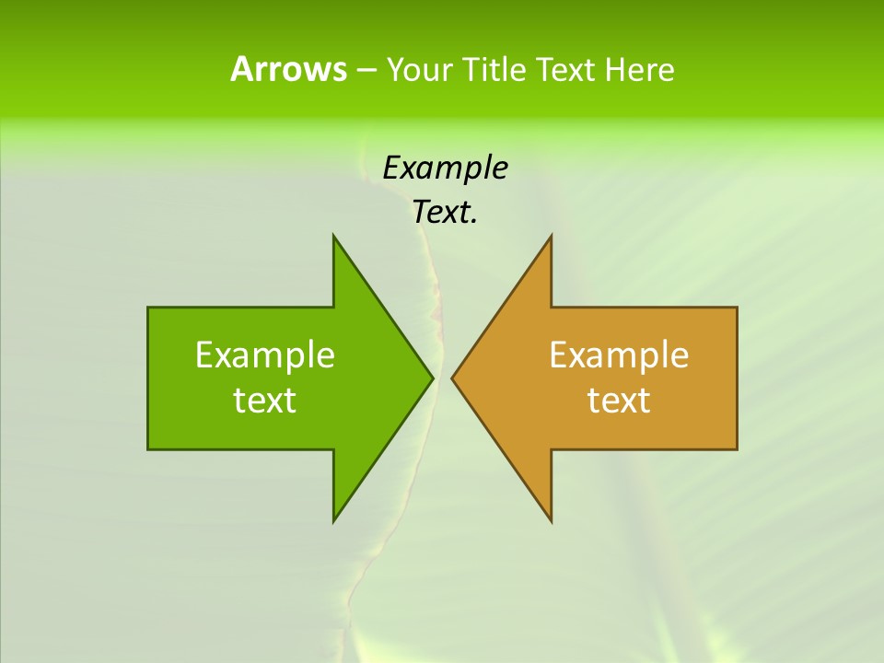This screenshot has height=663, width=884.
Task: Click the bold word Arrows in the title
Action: coord(288,69)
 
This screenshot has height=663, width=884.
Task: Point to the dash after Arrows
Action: coord(366,70)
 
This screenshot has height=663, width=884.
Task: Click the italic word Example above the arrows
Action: coord(445,169)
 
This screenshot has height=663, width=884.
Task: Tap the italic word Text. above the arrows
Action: coord(445,213)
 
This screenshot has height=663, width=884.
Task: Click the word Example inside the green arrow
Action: coord(265,355)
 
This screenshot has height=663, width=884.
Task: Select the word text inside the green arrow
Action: coord(265,401)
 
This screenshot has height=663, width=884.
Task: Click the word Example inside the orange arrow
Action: coord(619,355)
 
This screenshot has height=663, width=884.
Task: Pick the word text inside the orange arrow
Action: coord(619,401)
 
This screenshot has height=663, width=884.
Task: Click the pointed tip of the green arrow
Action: coord(433,378)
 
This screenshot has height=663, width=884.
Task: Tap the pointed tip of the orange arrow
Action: coord(452,378)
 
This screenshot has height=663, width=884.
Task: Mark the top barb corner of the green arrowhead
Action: coord(333,236)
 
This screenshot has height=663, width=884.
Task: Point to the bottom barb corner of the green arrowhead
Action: coord(333,521)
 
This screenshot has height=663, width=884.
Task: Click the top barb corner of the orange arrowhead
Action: coord(551,236)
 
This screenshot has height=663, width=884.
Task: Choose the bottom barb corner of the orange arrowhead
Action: coord(551,521)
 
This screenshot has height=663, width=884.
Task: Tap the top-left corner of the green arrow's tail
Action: coord(148,308)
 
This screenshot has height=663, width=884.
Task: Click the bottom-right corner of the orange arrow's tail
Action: coord(737,448)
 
